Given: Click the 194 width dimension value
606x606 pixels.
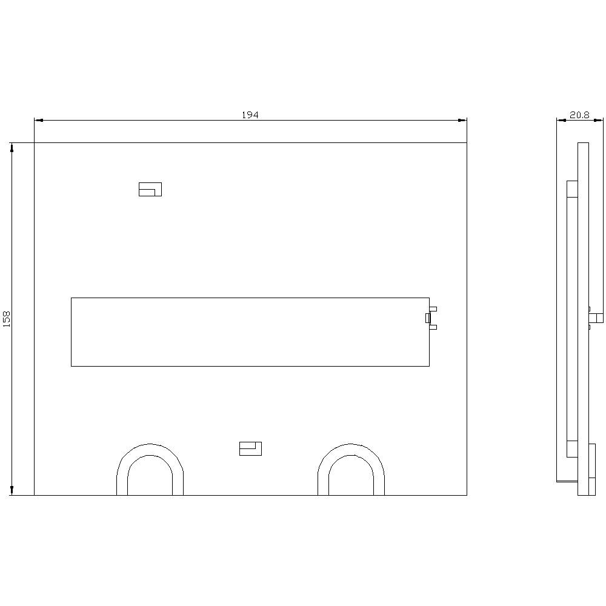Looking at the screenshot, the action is click(x=250, y=115).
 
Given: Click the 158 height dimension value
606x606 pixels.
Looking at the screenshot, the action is click(x=7, y=319).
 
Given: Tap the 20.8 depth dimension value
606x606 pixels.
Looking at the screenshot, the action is click(x=579, y=115).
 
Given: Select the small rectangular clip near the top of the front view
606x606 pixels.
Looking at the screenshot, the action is click(x=150, y=189).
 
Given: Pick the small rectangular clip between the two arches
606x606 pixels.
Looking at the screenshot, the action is click(x=250, y=448).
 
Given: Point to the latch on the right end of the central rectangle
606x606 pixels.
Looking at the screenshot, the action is click(x=431, y=318).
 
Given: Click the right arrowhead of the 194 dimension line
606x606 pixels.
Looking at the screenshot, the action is click(x=462, y=120).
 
